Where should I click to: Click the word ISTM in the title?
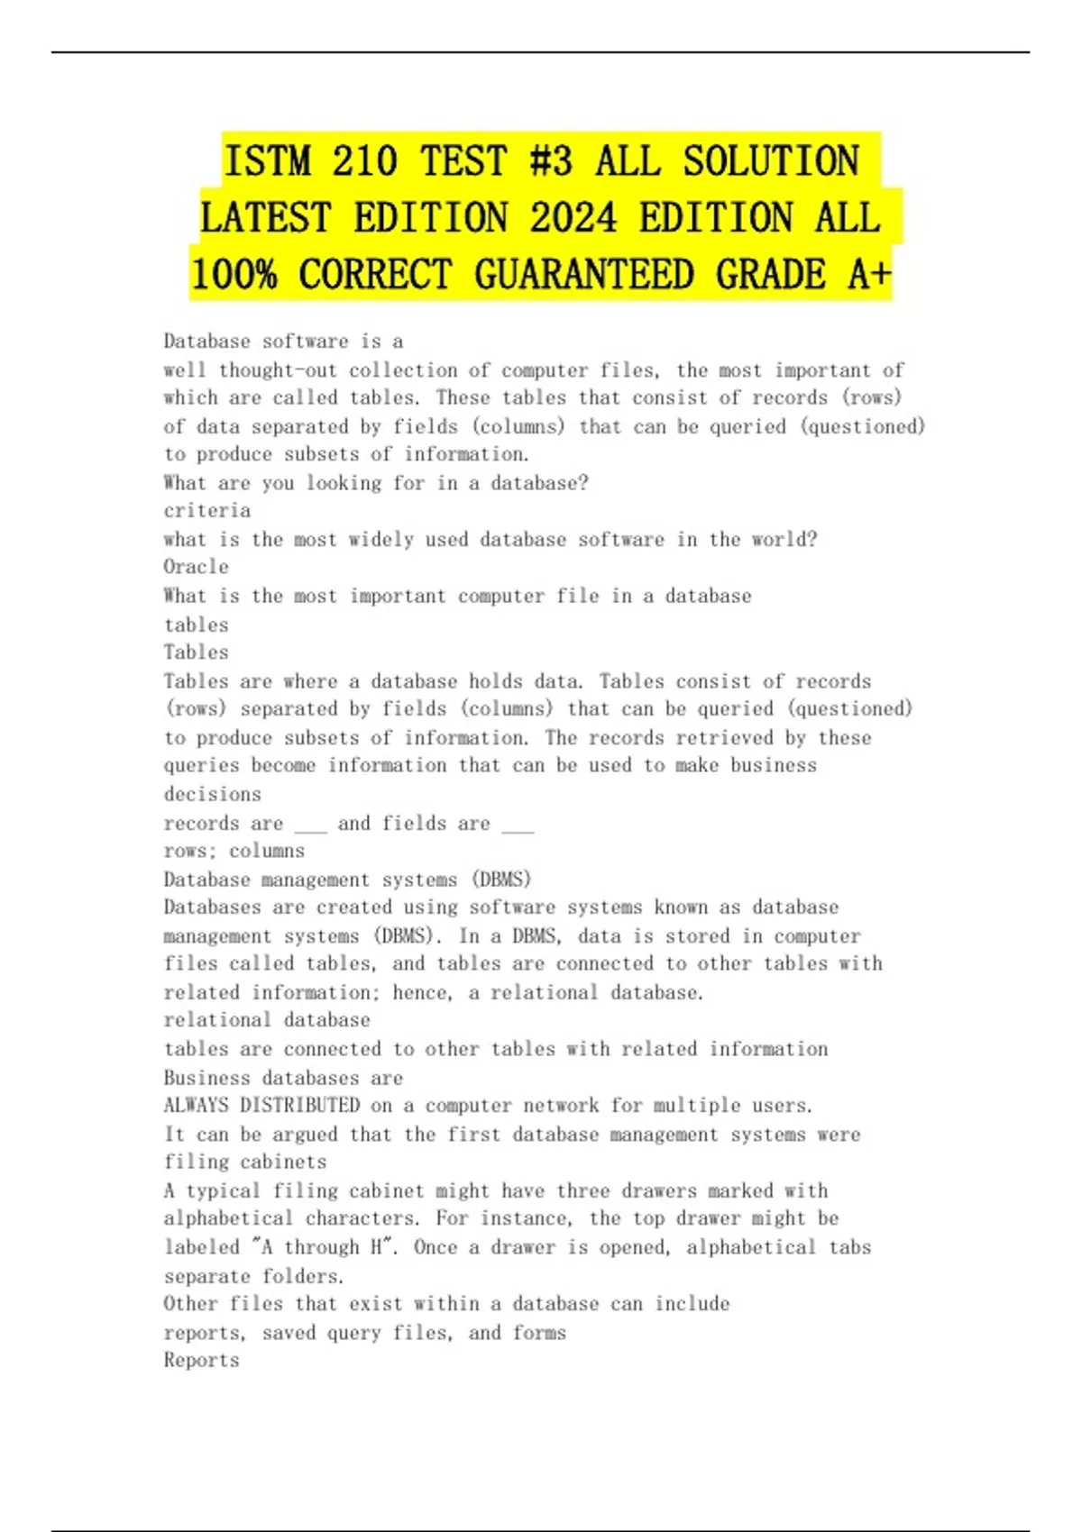(266, 161)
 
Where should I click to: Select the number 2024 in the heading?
(573, 218)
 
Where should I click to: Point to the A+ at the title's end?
(868, 275)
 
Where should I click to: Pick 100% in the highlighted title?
(234, 275)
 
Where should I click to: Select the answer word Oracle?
(196, 567)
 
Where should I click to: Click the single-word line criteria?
(206, 510)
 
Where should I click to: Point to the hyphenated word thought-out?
(278, 369)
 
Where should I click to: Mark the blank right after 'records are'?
(310, 824)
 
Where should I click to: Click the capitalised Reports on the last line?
(201, 1360)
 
